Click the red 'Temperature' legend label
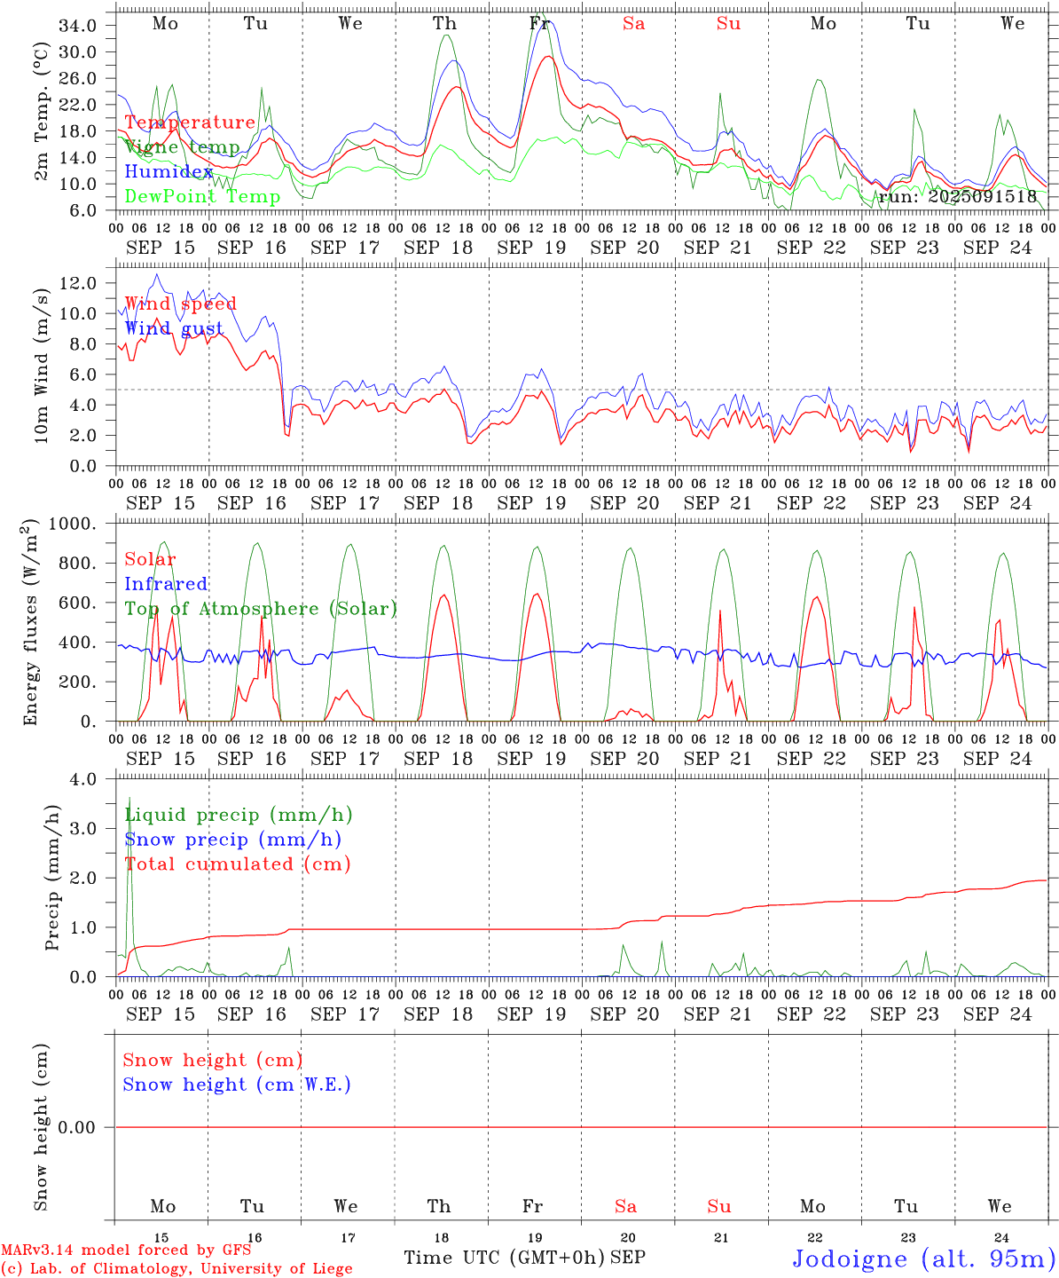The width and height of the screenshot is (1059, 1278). [x=190, y=122]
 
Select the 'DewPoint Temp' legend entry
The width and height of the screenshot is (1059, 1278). [x=202, y=196]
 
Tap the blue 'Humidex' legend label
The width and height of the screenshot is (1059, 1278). [x=169, y=171]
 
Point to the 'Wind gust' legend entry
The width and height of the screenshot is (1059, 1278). [x=174, y=328]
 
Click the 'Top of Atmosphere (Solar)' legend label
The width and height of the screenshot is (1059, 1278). [x=261, y=609]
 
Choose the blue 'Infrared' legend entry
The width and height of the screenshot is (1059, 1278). [x=166, y=584]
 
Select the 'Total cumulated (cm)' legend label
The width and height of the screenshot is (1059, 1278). [x=238, y=864]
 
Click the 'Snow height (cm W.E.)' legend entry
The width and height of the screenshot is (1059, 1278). [x=237, y=1085]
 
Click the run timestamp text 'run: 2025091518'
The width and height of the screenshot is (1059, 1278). [x=957, y=196]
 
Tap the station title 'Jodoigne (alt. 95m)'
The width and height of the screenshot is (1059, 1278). [x=924, y=1258]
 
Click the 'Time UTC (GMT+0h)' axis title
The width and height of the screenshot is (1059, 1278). [x=504, y=1258]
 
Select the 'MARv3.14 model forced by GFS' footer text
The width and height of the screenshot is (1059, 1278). [x=126, y=1250]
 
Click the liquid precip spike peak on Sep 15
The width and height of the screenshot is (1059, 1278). [x=129, y=798]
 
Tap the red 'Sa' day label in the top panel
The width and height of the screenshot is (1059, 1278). [x=633, y=24]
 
